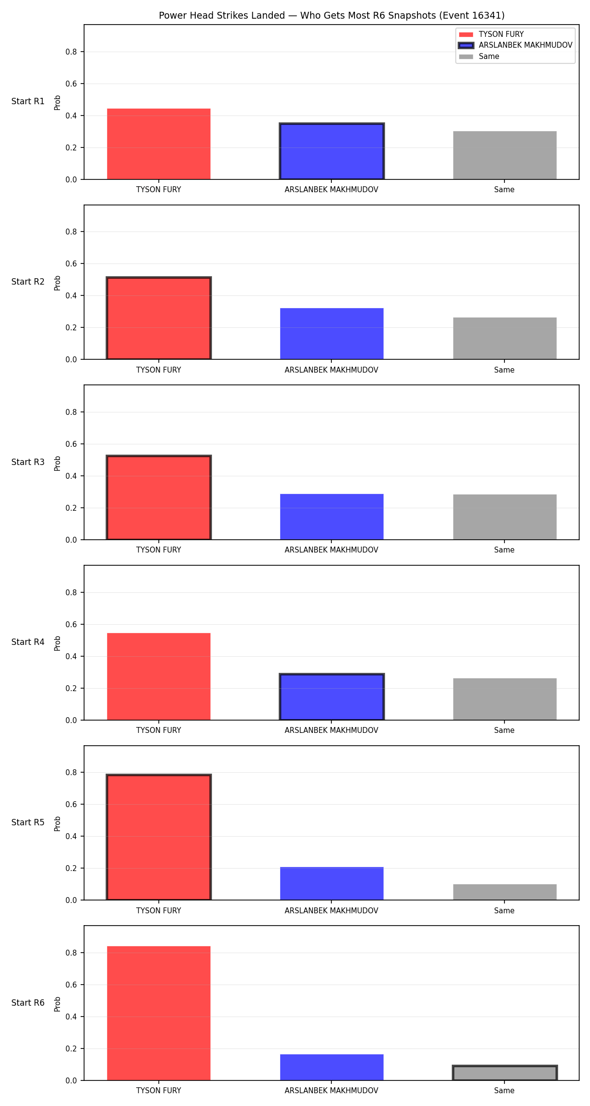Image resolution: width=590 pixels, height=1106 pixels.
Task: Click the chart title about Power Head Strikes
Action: point(331,15)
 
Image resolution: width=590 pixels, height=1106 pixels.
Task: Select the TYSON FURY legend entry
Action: point(491,34)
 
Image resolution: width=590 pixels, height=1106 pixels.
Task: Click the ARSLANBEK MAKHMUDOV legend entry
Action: point(515,45)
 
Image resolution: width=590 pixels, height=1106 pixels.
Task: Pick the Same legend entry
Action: point(479,57)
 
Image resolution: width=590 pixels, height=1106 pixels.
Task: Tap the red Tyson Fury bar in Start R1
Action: point(159,144)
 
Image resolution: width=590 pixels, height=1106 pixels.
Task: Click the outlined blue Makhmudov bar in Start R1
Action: point(332,151)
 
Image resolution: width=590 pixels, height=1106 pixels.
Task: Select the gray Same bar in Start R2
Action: point(505,338)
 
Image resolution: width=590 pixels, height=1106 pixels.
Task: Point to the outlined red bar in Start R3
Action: point(159,497)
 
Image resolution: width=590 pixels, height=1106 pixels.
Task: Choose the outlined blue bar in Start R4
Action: point(332,697)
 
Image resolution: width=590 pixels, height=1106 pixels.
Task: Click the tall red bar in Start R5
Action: point(159,837)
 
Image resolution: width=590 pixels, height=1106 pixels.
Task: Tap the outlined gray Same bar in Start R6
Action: point(505,1073)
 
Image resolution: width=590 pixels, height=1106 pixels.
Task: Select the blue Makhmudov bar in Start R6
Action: point(332,1067)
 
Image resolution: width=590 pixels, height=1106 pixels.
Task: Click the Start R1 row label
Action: point(28,101)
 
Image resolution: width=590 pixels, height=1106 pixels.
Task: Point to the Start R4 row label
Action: point(28,642)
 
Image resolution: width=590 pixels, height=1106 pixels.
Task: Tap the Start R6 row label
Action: point(28,1003)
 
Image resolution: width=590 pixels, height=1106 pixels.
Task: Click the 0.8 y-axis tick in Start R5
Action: point(71,772)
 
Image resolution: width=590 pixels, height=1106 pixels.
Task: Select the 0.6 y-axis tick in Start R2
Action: point(71,263)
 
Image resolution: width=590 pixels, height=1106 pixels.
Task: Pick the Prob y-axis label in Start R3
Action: point(58,463)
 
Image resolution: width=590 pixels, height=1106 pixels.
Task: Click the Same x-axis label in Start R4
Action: point(504,730)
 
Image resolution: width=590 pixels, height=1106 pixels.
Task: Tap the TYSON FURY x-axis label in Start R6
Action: point(159,1091)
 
